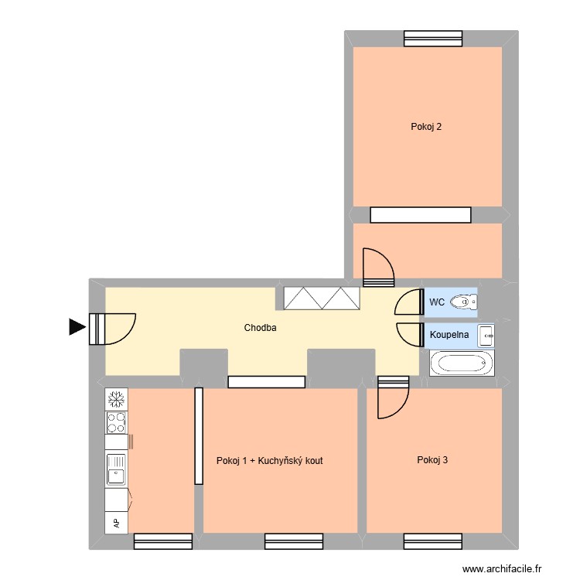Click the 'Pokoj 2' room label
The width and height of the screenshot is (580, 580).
click(x=426, y=127)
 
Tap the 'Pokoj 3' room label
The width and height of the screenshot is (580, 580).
click(x=432, y=460)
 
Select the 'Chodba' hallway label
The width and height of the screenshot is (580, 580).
click(x=260, y=328)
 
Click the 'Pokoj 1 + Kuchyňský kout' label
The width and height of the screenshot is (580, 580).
click(x=271, y=460)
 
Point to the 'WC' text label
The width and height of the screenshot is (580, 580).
click(x=436, y=302)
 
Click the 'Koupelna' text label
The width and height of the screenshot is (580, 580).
click(x=447, y=335)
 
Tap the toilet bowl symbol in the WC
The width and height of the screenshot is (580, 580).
click(x=463, y=302)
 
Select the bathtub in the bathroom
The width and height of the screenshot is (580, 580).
click(x=460, y=363)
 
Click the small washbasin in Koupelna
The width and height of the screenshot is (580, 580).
click(x=486, y=335)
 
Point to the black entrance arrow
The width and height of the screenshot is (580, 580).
click(x=77, y=327)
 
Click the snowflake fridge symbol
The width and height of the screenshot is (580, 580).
click(x=116, y=399)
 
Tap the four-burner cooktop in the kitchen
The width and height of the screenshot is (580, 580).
click(x=116, y=422)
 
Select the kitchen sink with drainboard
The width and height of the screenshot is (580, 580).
click(x=116, y=469)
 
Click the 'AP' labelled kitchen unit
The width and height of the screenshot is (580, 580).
click(x=116, y=523)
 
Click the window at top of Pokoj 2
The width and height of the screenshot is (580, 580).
click(x=432, y=38)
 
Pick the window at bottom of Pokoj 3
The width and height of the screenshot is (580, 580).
click(x=432, y=541)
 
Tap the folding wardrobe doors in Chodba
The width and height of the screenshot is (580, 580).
click(x=322, y=299)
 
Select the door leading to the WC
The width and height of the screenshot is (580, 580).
click(x=407, y=302)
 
